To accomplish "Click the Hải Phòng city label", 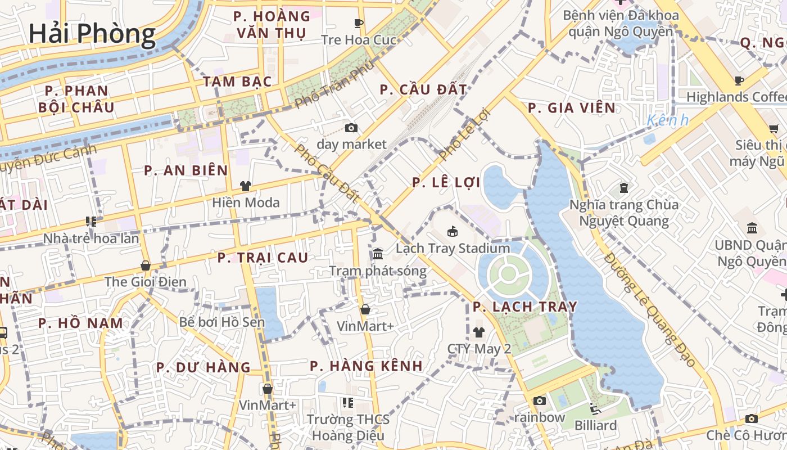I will (x=92, y=33).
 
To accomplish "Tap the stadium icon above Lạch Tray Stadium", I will (x=453, y=231).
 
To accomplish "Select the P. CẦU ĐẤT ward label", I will (x=423, y=89).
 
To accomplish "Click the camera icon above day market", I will (x=351, y=128).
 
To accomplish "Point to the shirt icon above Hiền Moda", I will (x=245, y=186).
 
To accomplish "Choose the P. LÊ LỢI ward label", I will (x=446, y=182).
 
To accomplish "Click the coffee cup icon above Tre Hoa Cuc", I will (x=359, y=23).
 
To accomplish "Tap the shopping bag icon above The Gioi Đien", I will (x=146, y=265).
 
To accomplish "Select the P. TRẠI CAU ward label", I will (x=263, y=258).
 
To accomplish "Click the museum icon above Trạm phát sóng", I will (x=378, y=254).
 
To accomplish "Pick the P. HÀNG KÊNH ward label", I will (x=366, y=366).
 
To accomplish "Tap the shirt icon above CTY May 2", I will (x=478, y=332).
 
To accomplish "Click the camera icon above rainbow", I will (x=540, y=400).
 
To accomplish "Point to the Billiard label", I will (x=595, y=425).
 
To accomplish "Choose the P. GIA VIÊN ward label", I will (x=572, y=107).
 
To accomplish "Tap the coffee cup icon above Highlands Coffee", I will (x=739, y=80).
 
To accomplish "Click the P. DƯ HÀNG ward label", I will (x=203, y=368).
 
